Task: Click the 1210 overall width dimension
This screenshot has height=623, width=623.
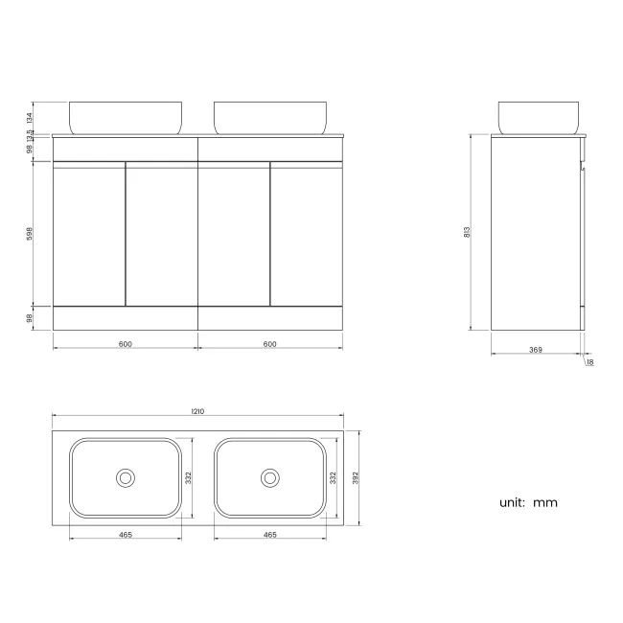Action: coord(197,411)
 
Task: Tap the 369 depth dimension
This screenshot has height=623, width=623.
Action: coord(535,350)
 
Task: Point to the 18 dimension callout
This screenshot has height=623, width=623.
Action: coord(589,362)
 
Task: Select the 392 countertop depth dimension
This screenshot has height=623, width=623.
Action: coord(355,476)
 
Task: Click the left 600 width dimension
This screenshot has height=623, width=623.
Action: coord(125,344)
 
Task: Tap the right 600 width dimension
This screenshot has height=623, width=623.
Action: coord(269,344)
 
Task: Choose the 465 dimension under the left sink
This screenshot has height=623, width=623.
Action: coord(125,536)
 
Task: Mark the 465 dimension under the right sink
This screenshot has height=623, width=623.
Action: coord(269,536)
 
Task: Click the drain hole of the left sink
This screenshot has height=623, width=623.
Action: coord(125,476)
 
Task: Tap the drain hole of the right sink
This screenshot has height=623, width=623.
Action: coord(269,476)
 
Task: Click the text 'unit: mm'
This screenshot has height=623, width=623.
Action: coord(527,502)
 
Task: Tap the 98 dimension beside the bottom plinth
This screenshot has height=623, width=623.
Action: coord(30,317)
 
